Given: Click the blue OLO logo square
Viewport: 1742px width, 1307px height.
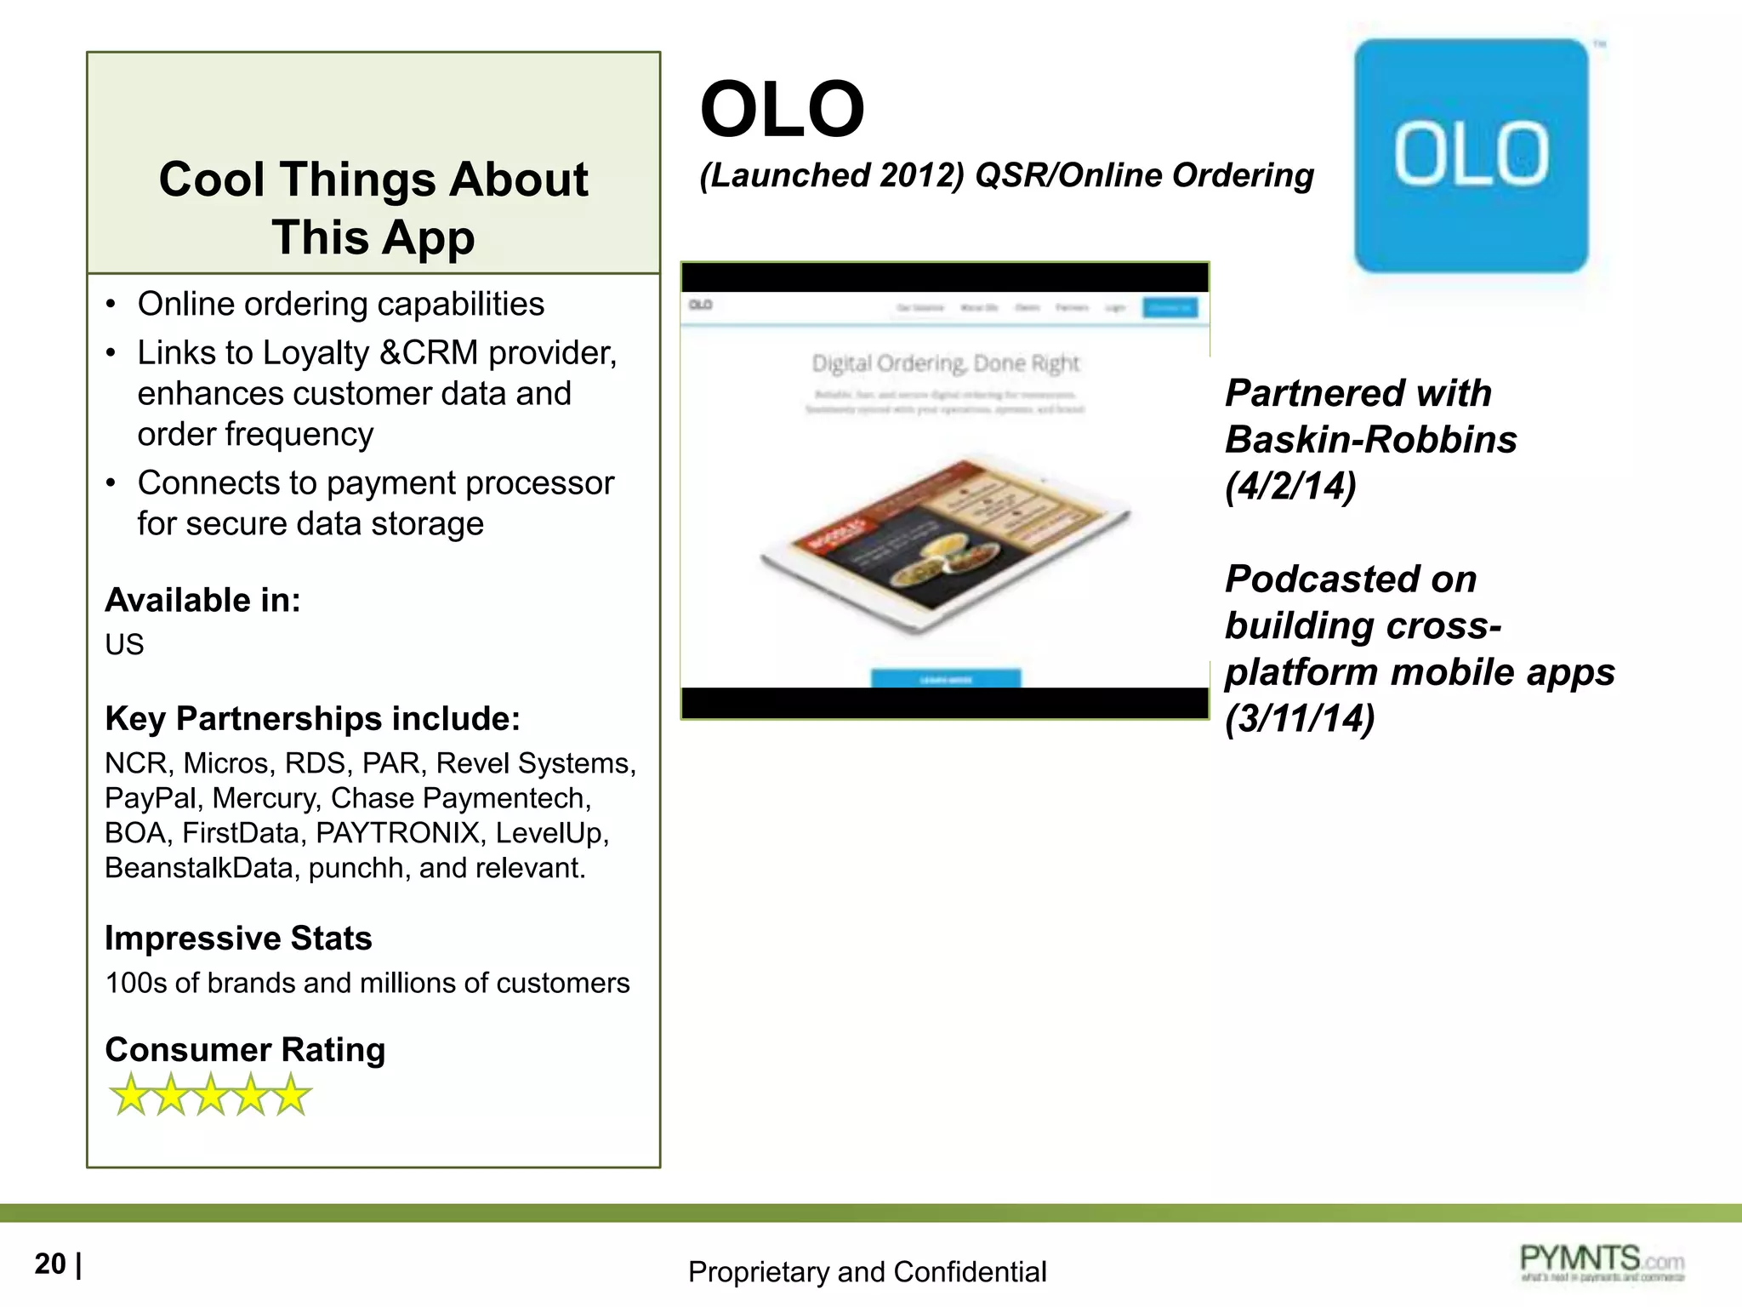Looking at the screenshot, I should [x=1471, y=156].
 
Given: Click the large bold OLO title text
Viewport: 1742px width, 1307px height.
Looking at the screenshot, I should [x=782, y=110].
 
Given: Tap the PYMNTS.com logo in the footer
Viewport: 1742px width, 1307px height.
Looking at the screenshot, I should [x=1602, y=1262].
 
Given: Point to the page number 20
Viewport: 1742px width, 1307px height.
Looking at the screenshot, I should [x=50, y=1264].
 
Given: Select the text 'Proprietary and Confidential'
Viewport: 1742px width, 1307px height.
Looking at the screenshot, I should [x=867, y=1271].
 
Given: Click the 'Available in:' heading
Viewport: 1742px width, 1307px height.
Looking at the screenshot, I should [x=202, y=600].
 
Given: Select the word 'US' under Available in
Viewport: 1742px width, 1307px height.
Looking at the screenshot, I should [x=124, y=644].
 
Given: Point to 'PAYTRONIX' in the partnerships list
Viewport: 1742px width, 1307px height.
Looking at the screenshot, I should [x=397, y=833].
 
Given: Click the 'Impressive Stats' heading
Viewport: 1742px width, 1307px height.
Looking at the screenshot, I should [x=238, y=938].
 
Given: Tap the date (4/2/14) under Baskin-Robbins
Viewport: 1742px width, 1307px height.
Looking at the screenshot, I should [x=1290, y=486].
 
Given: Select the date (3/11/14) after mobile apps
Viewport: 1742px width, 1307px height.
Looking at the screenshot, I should [x=1300, y=717].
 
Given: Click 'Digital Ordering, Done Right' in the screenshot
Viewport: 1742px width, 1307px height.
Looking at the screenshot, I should [x=945, y=363].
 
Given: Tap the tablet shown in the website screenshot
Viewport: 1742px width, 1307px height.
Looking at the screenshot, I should [x=944, y=545].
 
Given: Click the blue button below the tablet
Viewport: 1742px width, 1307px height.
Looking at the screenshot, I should [x=945, y=678].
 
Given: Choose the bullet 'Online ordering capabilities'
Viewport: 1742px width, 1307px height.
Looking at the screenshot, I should [x=340, y=304].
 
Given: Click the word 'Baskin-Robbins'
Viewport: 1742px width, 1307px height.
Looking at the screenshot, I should [x=1370, y=440].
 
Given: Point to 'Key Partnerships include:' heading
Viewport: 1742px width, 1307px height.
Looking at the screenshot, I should [x=312, y=718].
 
